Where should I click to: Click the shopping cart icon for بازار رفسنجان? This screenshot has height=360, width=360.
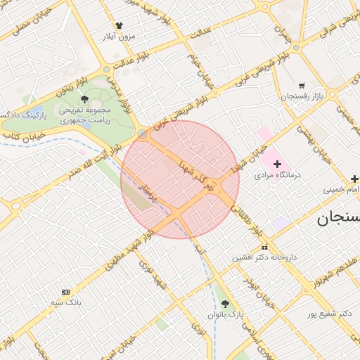tap(302, 85)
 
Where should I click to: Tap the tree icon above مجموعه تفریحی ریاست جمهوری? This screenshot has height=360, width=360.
tap(84, 99)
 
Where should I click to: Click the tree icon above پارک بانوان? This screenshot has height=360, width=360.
tap(225, 304)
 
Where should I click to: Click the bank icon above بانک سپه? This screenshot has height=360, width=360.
tap(66, 292)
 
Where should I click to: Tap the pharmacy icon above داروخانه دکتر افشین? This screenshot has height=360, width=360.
tap(265, 247)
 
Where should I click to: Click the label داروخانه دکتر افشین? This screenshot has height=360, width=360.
tap(265, 257)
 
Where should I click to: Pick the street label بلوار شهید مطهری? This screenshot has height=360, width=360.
tap(127, 252)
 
